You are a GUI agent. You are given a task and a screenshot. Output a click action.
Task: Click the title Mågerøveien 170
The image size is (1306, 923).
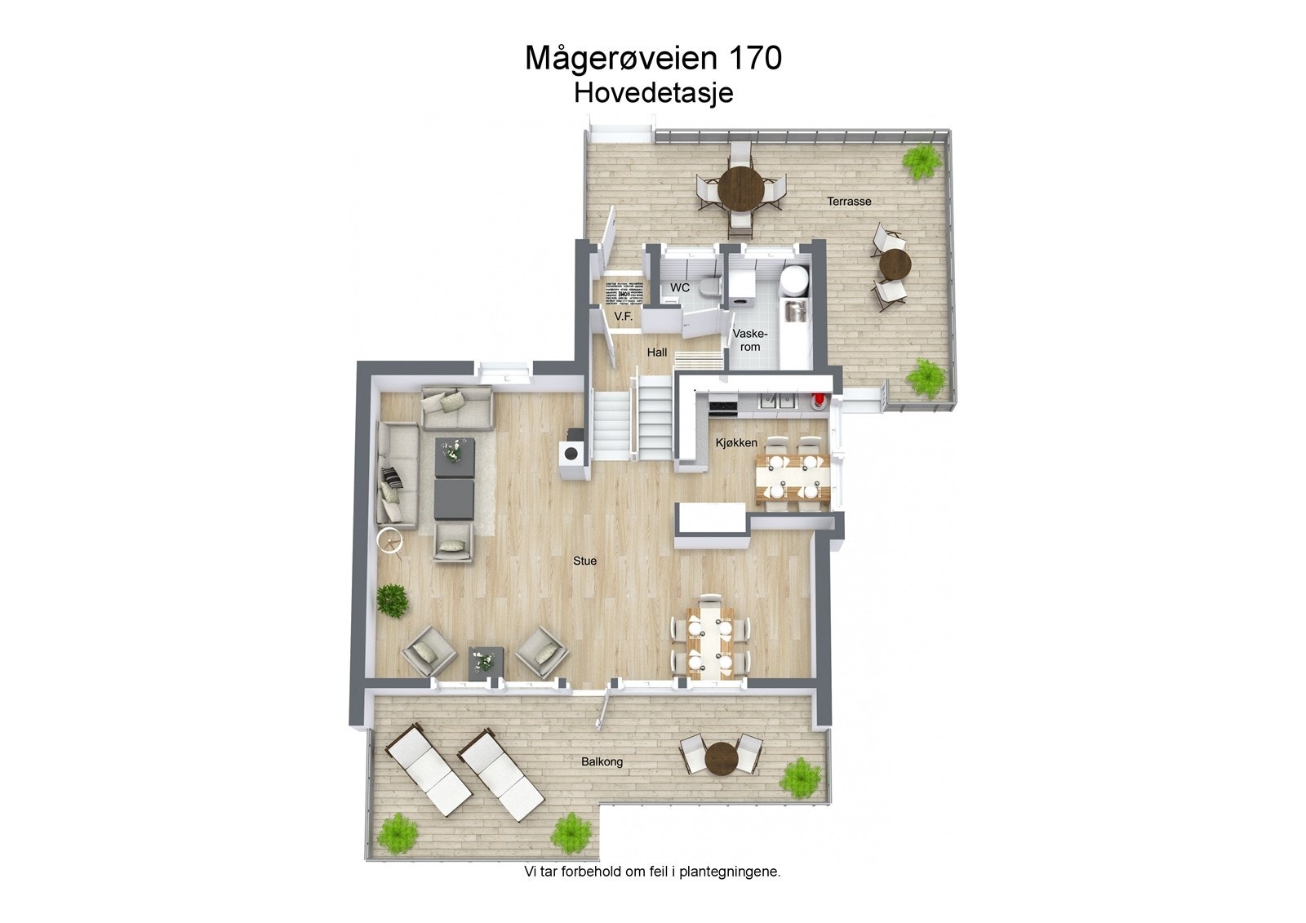pos(653,58)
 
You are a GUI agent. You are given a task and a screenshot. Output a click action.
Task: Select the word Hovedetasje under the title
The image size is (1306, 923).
pos(653,93)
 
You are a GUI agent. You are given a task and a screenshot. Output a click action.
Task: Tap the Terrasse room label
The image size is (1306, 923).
pos(849,201)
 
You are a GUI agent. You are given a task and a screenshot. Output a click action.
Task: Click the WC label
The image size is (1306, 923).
pos(679,288)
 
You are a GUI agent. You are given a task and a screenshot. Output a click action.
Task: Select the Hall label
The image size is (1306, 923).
pos(657,353)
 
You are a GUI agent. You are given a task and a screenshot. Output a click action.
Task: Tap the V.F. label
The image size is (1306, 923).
pos(623,317)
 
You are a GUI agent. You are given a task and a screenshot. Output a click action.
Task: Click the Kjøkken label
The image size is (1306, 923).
pos(735,442)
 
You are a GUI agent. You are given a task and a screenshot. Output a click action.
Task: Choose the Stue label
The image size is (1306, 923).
pos(584,561)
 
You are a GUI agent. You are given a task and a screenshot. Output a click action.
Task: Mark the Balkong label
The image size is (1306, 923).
pos(602,761)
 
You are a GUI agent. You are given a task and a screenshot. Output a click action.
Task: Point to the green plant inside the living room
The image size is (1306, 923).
pos(393,601)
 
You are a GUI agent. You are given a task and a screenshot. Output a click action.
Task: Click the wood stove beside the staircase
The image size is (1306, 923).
pos(571,453)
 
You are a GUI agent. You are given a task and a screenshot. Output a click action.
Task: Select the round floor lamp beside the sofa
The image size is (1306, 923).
pos(390,540)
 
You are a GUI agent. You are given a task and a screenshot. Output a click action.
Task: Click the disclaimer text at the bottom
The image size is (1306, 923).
pos(652,872)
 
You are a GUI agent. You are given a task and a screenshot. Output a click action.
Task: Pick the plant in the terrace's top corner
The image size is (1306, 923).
pos(921,157)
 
